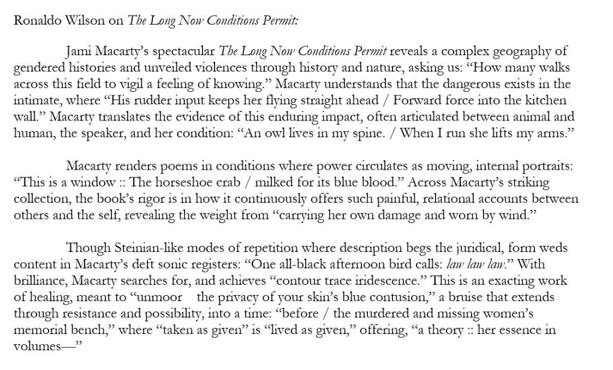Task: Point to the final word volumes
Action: click(35, 346)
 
